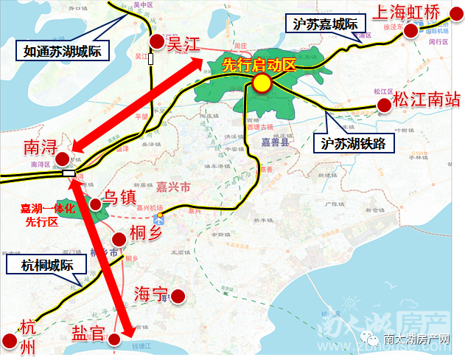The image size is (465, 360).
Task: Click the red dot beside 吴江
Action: coord(156,42)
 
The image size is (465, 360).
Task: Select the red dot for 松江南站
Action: coord(384,105)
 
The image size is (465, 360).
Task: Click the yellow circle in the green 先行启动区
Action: coord(261,84)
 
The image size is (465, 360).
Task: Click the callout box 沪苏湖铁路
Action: coord(354,142)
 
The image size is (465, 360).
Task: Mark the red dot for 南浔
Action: coord(63,158)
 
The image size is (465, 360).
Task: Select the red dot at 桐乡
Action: coord(119,239)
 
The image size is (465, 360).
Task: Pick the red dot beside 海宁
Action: coord(178,297)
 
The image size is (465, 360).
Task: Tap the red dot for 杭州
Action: coord(9,341)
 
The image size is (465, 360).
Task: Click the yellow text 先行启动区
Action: coord(259,64)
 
